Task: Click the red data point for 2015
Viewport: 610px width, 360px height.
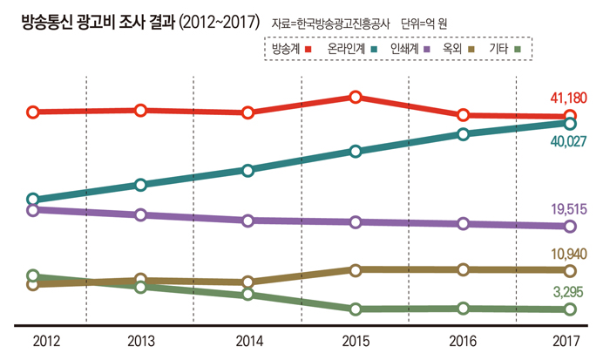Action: click(356, 97)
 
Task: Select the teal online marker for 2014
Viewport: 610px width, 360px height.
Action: click(248, 170)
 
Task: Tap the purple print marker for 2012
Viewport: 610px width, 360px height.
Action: click(33, 209)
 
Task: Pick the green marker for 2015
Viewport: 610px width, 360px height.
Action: click(356, 309)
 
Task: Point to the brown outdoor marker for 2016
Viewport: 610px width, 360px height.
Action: click(463, 269)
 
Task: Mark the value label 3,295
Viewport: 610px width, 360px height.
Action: click(573, 292)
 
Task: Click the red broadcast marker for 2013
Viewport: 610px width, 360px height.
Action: click(140, 110)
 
